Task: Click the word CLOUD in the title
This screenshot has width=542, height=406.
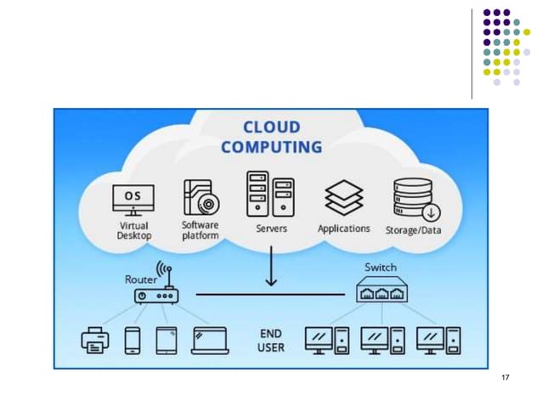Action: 271,127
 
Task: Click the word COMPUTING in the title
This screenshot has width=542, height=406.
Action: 271,147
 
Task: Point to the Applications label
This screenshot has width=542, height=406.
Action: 343,228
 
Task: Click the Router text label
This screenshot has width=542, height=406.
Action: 140,279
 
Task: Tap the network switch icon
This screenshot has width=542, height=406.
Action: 381,291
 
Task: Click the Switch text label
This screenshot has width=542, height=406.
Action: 380,268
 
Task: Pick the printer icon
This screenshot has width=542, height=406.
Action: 95,341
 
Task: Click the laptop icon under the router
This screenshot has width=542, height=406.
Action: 210,341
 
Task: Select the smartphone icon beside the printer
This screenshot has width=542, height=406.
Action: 133,341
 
